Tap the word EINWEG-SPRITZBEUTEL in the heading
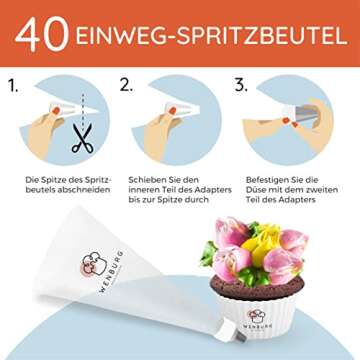coord(212,36)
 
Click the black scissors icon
coord(82,138)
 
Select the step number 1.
coord(13,86)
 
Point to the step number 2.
coord(126,85)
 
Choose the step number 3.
coord(241,85)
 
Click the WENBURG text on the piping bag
coord(111,271)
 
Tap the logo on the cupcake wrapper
coord(256,316)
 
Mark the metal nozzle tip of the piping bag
coord(241,337)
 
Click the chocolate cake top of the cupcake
coord(257,287)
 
